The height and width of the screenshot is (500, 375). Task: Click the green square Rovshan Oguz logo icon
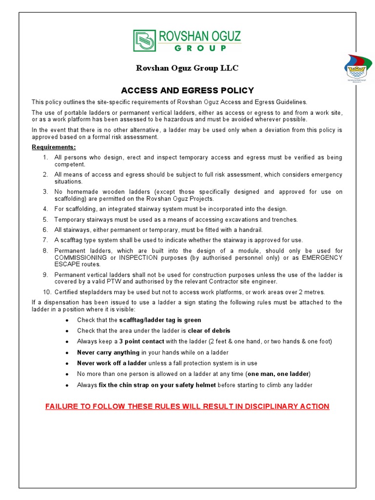(x=145, y=41)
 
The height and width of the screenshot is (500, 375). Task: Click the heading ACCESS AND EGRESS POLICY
(x=187, y=90)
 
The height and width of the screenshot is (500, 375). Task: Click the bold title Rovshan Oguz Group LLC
(x=187, y=68)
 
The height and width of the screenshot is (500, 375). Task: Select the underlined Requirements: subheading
(x=54, y=147)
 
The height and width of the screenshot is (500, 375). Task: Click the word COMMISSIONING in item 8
(x=81, y=257)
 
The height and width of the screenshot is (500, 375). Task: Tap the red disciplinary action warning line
(x=187, y=406)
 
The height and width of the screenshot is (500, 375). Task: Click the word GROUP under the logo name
(x=200, y=48)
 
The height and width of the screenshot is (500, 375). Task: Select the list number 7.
(x=45, y=240)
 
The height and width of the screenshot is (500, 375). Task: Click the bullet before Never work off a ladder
(x=66, y=363)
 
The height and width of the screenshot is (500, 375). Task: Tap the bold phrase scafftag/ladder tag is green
(x=160, y=320)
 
